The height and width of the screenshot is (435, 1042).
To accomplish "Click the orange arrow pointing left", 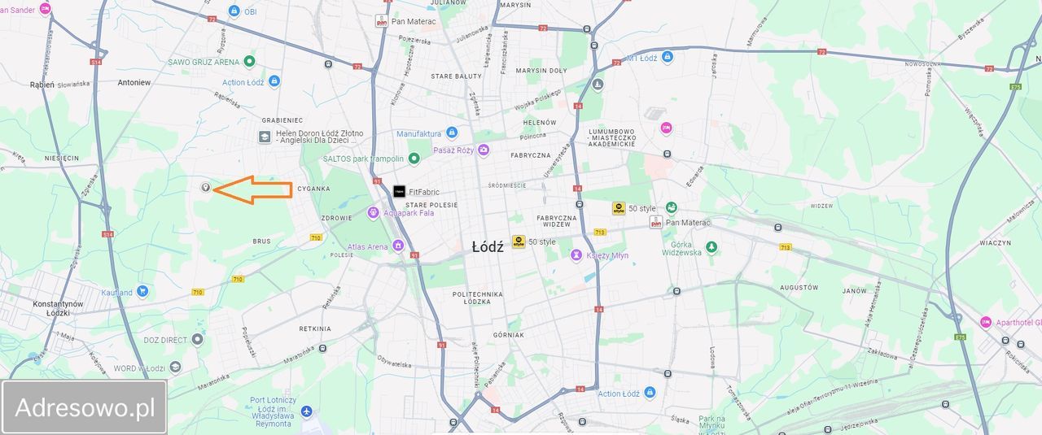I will [x=253, y=190].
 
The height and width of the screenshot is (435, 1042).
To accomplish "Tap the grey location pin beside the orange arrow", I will [x=205, y=188].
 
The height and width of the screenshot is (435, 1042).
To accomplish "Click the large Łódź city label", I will [x=488, y=246].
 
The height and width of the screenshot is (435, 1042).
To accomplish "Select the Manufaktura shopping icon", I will [x=452, y=133].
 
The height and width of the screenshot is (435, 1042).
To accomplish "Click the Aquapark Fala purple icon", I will [x=374, y=213].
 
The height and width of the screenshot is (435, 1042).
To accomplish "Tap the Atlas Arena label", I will [x=367, y=246].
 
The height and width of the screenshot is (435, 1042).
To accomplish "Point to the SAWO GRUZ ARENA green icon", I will [x=249, y=62].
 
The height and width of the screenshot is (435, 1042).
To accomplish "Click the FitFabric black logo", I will [x=399, y=192].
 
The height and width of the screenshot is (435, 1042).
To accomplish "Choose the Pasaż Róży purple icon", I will [x=484, y=150].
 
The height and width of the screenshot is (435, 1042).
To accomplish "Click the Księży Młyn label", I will [x=607, y=255].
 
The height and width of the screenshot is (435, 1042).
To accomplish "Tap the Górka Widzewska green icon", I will [x=711, y=246].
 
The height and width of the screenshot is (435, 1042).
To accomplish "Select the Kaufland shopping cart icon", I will [x=142, y=292].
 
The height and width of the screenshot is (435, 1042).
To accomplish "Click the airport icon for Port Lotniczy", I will [x=306, y=411].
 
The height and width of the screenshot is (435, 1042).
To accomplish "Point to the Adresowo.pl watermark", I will [x=85, y=407].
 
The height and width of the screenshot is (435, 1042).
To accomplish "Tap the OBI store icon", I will [x=234, y=11].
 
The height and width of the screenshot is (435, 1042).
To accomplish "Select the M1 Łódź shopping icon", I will [x=668, y=57].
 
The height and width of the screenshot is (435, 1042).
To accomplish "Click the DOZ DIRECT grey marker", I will [x=197, y=340].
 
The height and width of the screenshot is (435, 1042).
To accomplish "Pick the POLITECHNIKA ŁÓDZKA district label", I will [x=481, y=297].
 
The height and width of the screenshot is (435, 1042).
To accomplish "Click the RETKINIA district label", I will [x=315, y=329].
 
